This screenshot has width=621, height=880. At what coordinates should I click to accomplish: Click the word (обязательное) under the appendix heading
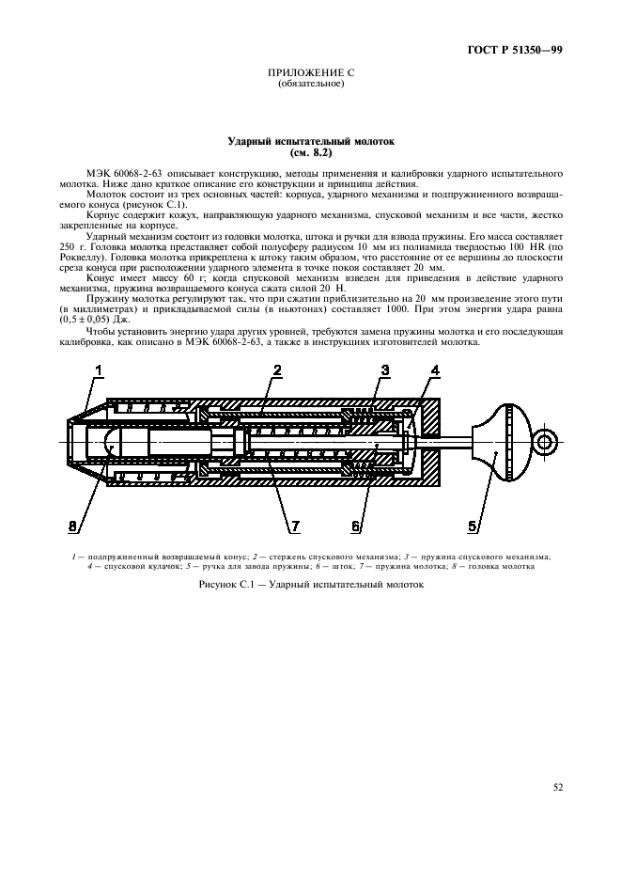pos(311,85)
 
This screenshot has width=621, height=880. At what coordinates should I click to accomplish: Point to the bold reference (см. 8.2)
pos(311,152)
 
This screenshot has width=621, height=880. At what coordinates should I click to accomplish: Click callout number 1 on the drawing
pos(97,374)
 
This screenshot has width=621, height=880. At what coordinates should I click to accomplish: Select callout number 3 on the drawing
pos(384,371)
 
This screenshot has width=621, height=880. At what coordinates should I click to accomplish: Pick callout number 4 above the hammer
pos(434,371)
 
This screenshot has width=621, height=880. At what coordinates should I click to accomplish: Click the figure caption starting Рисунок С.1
pos(311,584)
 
